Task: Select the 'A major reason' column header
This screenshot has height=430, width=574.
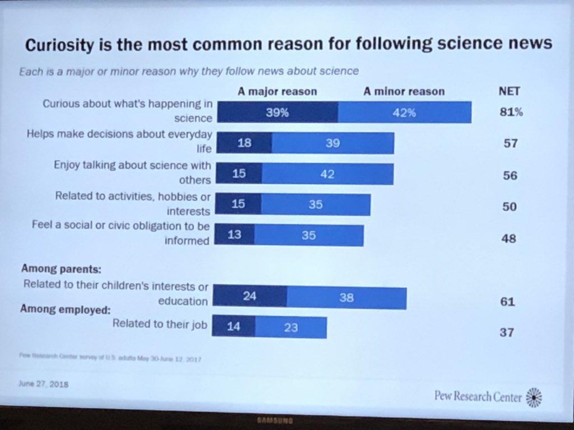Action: click(277, 91)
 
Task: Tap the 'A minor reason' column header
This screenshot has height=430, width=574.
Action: click(404, 91)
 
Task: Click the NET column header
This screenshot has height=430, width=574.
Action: click(510, 91)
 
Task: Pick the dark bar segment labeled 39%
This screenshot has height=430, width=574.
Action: click(277, 113)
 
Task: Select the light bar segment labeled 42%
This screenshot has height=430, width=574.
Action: click(404, 113)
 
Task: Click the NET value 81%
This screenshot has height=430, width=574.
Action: click(511, 112)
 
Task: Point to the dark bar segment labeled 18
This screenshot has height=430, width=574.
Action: click(244, 143)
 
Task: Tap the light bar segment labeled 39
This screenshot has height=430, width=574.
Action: click(333, 143)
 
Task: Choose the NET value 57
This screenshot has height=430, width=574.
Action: click(510, 144)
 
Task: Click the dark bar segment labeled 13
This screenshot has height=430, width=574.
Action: click(235, 235)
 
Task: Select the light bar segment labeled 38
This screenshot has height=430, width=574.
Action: click(346, 298)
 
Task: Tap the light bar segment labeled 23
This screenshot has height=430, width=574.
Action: click(290, 328)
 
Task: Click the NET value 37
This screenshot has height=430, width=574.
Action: click(506, 333)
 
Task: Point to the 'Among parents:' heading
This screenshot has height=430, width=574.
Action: click(61, 269)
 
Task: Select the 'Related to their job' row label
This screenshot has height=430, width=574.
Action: click(160, 323)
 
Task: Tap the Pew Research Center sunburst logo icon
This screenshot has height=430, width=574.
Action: click(533, 397)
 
